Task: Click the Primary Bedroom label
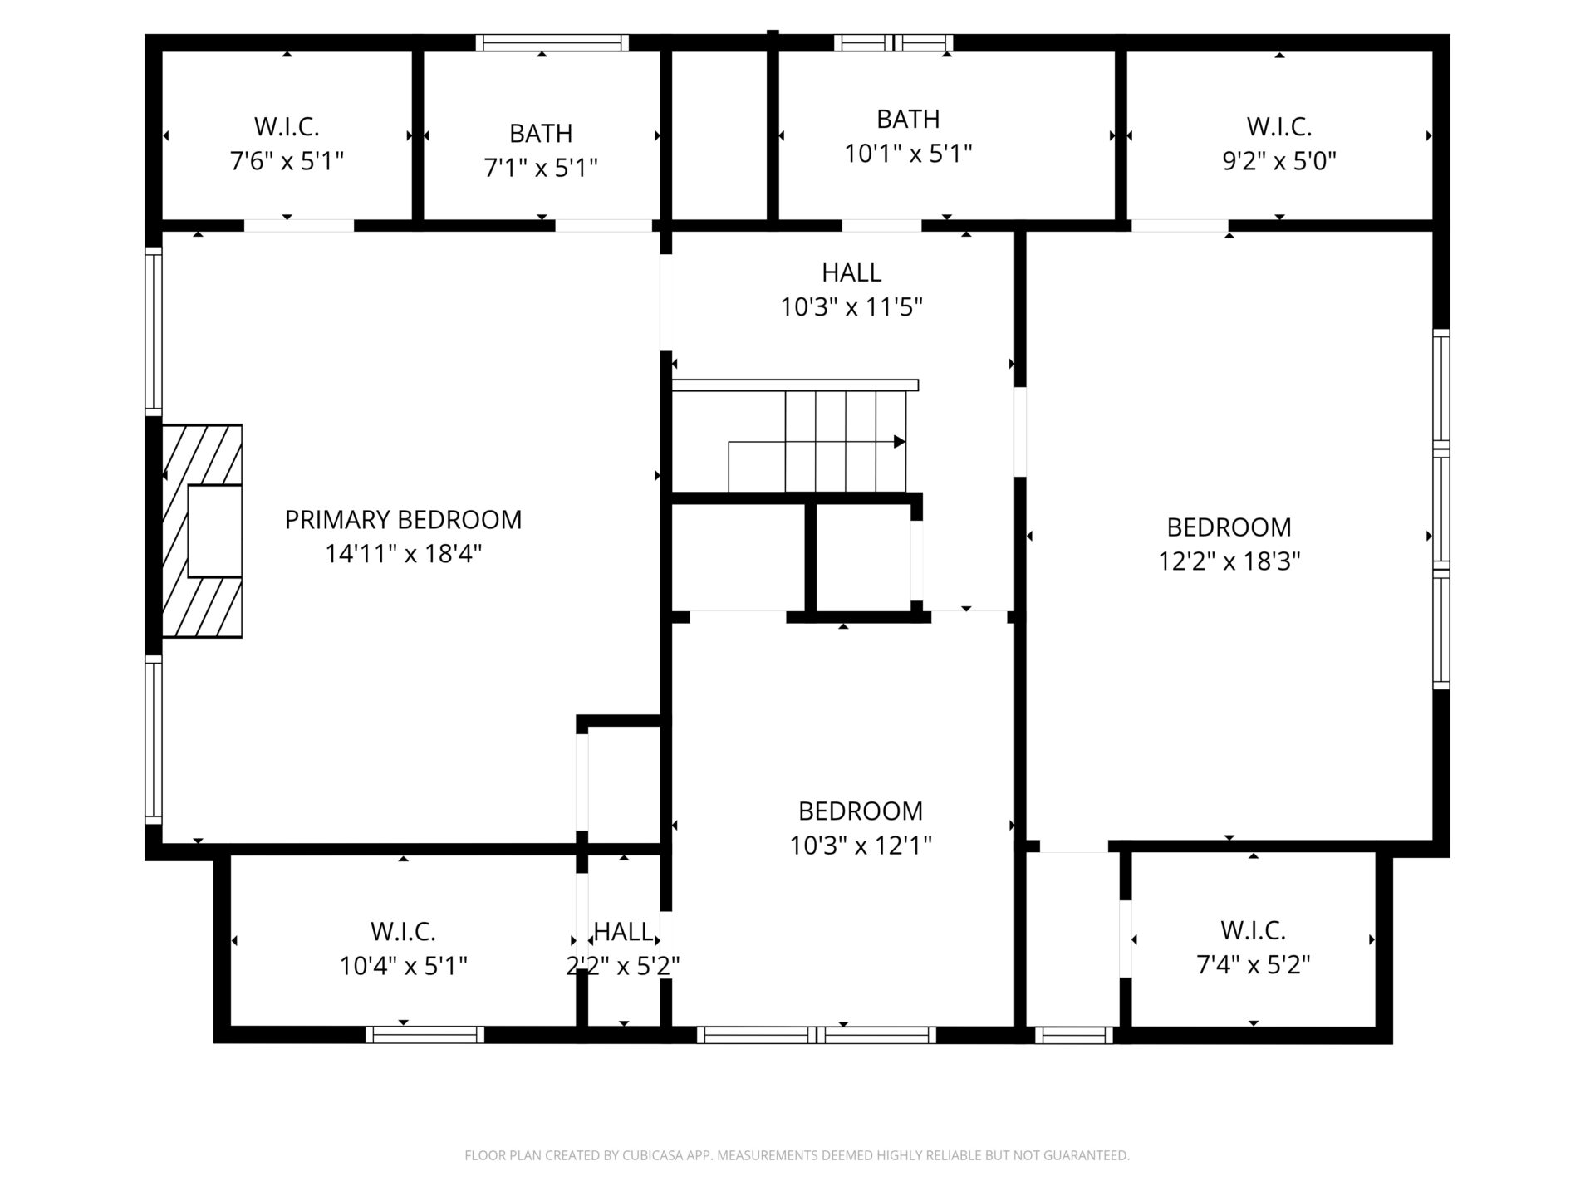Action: (403, 520)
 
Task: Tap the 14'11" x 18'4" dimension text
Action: (403, 554)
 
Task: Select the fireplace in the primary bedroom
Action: (202, 531)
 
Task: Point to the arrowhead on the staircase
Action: (899, 442)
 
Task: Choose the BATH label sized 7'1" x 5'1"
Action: (541, 134)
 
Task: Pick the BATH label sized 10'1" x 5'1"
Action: (908, 120)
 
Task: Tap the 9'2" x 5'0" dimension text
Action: (1279, 160)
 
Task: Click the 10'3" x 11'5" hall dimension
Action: (851, 307)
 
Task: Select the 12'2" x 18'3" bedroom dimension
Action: (1229, 561)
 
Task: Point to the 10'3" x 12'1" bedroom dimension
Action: (861, 846)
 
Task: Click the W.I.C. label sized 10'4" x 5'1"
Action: (403, 932)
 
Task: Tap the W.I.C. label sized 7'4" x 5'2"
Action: (1254, 930)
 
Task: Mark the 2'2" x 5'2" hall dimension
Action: (623, 966)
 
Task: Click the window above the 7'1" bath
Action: (552, 42)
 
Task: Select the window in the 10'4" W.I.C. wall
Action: (425, 1035)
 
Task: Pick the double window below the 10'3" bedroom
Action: (817, 1035)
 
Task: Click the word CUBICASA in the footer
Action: (651, 1155)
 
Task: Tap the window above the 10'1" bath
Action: (894, 42)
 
